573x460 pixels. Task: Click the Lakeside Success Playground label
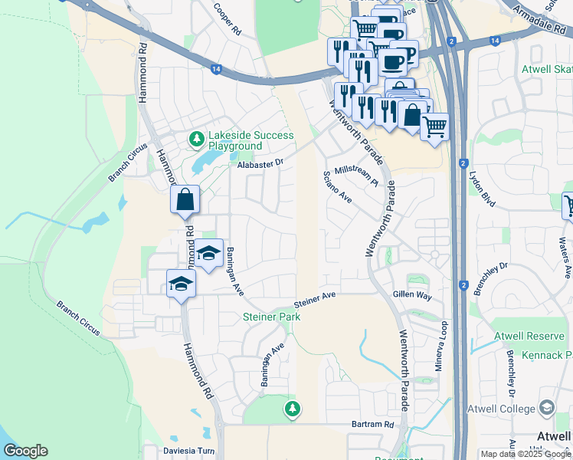tap(250, 140)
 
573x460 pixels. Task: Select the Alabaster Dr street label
tap(260, 163)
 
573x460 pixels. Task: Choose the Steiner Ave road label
tap(315, 299)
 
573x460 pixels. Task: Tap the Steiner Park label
tap(267, 317)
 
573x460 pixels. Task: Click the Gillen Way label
tap(412, 295)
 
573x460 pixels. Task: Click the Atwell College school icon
tap(547, 408)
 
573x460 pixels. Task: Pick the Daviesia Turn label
tap(189, 451)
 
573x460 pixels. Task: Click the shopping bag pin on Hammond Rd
tap(185, 200)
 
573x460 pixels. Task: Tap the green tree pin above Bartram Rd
tap(291, 409)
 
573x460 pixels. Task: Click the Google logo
tap(25, 451)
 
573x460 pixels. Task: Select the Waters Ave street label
tap(565, 258)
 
